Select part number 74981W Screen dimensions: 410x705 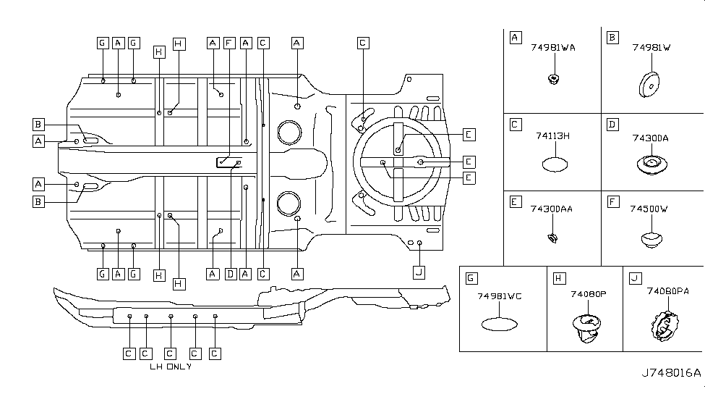[x=651, y=48]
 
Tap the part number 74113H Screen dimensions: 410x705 [x=553, y=136]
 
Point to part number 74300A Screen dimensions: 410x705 [x=650, y=137]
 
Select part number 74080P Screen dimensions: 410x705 [x=588, y=295]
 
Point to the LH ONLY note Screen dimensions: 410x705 [x=171, y=367]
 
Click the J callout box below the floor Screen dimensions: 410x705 [x=418, y=272]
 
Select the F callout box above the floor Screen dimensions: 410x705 [x=229, y=43]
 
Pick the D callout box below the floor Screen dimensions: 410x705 [x=230, y=274]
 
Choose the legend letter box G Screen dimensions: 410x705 [x=471, y=278]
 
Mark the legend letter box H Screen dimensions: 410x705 [x=558, y=278]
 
